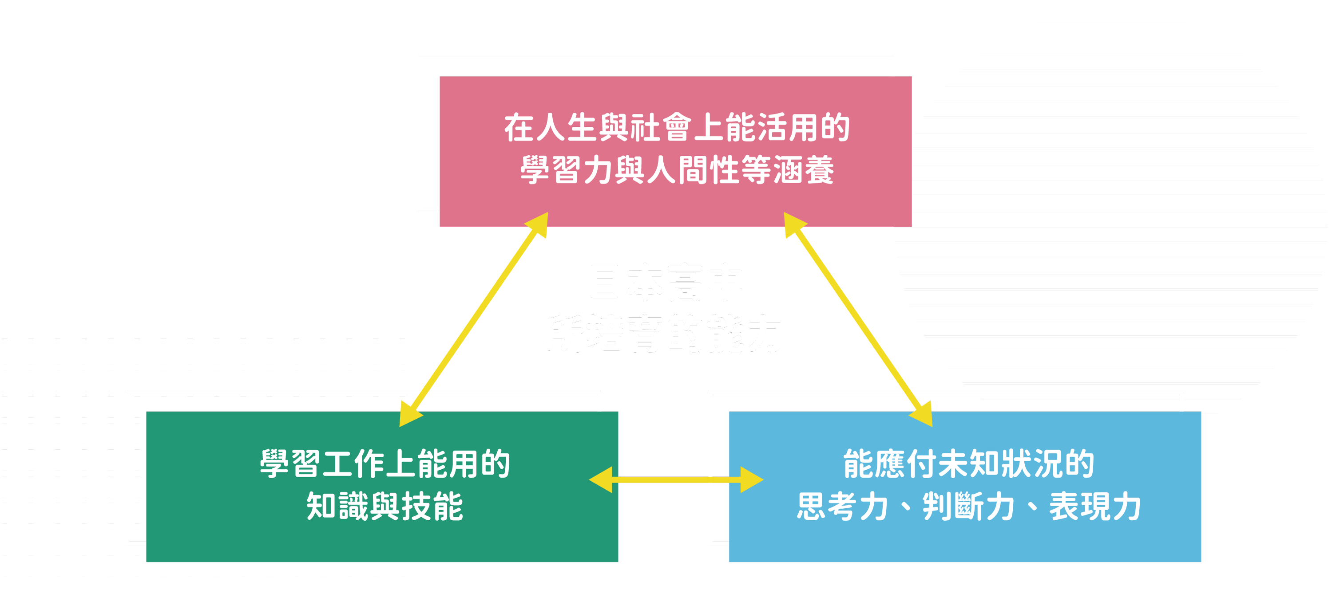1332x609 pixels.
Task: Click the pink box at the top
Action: (x=675, y=93)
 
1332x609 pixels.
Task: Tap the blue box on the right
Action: (x=964, y=542)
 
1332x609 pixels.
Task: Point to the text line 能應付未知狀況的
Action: (x=968, y=464)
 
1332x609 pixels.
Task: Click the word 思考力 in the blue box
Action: (x=842, y=507)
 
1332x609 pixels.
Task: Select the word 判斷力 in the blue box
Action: (x=968, y=507)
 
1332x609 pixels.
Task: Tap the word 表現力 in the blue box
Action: (x=1094, y=507)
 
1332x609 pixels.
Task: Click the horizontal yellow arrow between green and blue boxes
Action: (x=676, y=480)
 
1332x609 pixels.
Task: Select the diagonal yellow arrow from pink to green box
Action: (x=473, y=319)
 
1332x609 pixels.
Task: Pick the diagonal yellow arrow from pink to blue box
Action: (x=858, y=319)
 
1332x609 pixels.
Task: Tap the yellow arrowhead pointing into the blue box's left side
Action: (x=751, y=480)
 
